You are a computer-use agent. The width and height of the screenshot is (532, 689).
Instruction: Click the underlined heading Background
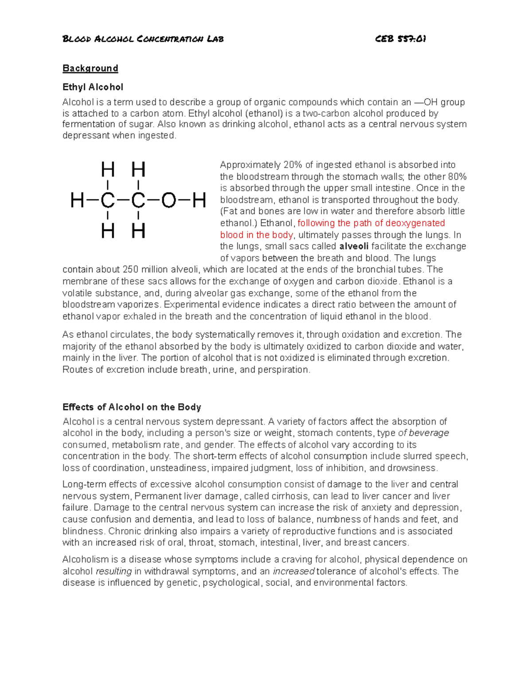point(90,68)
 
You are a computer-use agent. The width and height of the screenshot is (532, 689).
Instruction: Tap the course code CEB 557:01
point(400,39)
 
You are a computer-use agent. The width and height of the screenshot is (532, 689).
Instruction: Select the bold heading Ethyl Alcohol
point(93,87)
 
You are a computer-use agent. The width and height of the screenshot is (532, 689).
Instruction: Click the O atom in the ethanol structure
point(168,201)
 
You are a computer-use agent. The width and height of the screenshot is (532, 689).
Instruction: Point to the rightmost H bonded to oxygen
point(199,201)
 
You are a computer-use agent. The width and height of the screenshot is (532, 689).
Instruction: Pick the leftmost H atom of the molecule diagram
point(77,201)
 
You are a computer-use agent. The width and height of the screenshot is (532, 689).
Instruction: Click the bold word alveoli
point(354,247)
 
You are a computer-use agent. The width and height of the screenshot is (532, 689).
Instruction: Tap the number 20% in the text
point(293,165)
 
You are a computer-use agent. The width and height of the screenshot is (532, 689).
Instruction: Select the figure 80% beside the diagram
point(457,177)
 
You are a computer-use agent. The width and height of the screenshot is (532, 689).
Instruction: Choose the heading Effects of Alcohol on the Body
point(132,407)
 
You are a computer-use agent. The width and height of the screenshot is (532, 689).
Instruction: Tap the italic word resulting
point(114,571)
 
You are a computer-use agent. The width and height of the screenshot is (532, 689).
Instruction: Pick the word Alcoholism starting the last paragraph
point(84,559)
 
